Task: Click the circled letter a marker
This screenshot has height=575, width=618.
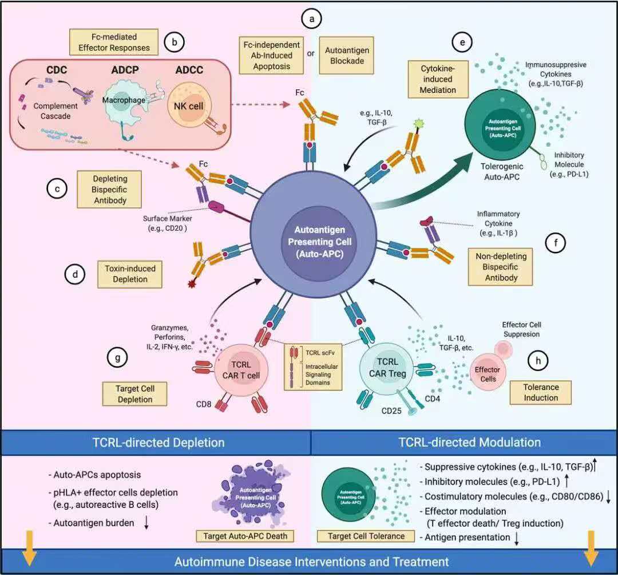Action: pyautogui.click(x=312, y=19)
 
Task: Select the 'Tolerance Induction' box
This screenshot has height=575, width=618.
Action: pyautogui.click(x=541, y=392)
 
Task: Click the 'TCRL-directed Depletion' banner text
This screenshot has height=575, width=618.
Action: pyautogui.click(x=159, y=442)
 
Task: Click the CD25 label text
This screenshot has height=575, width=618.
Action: pyautogui.click(x=393, y=411)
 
